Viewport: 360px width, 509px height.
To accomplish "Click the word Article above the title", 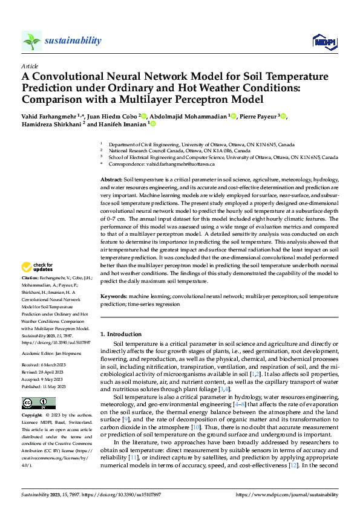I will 29,65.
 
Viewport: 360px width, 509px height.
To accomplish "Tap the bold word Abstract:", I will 111,181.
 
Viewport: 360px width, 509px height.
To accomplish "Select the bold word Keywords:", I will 113,297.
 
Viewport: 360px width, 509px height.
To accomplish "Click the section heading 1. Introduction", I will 121,333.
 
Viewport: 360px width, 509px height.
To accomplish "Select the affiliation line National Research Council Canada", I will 148,151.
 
